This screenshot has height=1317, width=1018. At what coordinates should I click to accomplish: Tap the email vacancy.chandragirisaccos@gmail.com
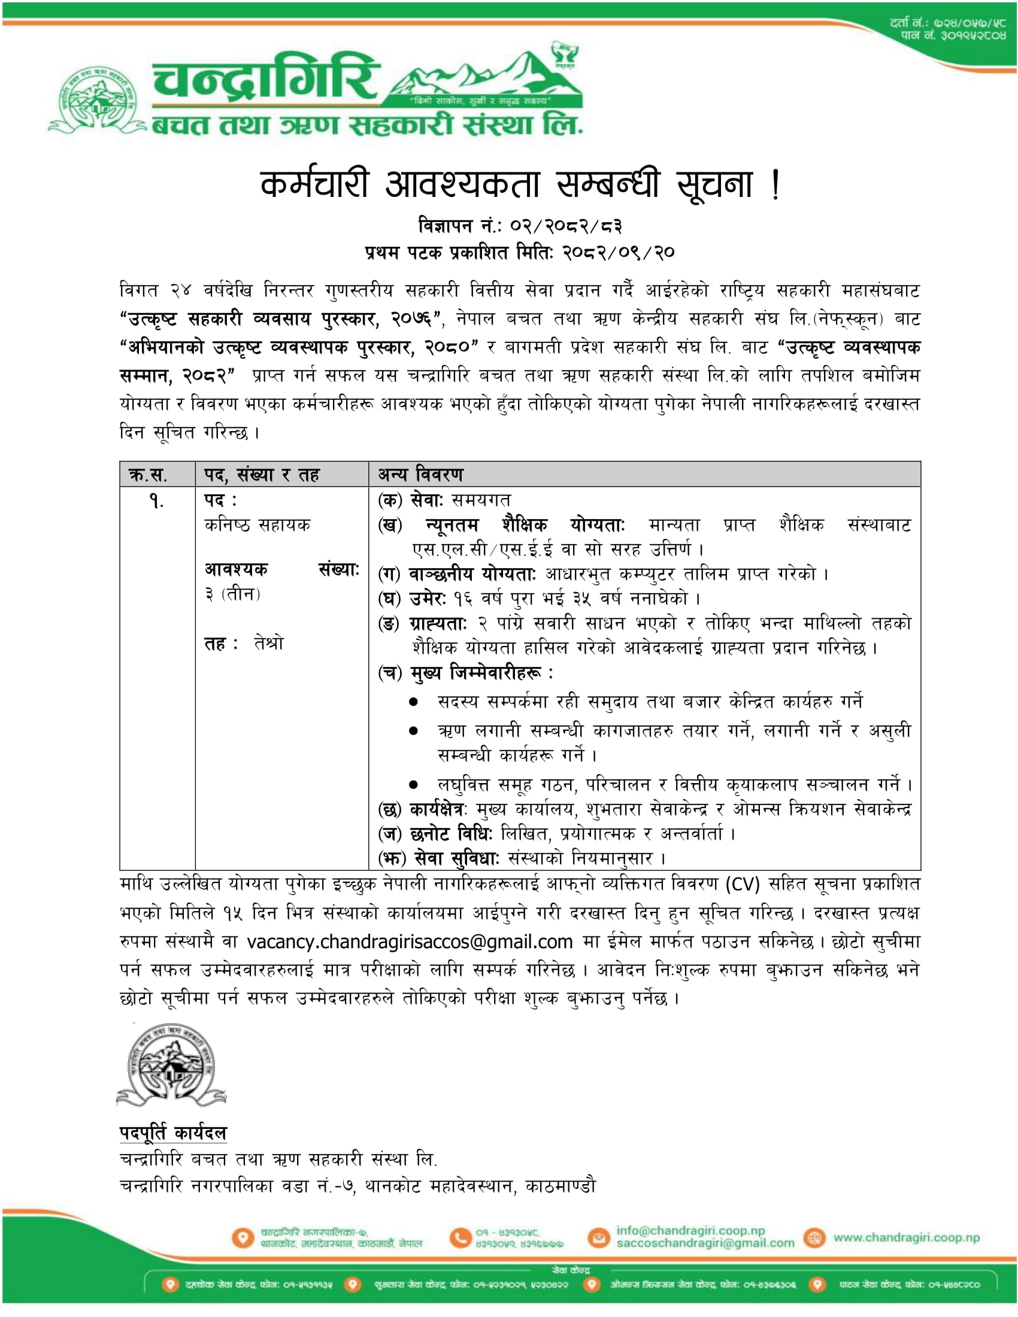pos(410,942)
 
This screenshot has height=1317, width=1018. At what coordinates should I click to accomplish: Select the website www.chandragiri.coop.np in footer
pos(907,1237)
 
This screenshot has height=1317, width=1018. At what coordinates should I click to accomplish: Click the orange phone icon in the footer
pos(460,1238)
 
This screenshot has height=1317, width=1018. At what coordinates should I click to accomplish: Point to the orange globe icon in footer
pos(815,1238)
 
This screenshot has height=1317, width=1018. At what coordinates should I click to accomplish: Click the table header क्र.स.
pos(148,475)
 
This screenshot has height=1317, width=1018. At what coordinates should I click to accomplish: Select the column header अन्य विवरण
pos(420,475)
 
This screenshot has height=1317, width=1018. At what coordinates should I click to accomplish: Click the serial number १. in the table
pos(156,501)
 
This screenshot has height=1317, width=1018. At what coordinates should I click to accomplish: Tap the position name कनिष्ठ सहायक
pos(257,525)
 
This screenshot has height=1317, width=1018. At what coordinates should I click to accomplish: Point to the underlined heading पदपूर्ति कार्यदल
pos(173,1133)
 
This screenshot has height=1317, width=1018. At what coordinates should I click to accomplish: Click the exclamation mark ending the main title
pos(775,184)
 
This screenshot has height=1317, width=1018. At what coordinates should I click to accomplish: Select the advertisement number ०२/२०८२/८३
pos(566,226)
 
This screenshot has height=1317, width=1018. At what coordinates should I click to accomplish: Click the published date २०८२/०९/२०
pos(618,252)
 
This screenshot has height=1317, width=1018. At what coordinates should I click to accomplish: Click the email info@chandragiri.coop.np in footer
pos(690,1230)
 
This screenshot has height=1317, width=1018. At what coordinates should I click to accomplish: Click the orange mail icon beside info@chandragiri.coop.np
pos(599,1238)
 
